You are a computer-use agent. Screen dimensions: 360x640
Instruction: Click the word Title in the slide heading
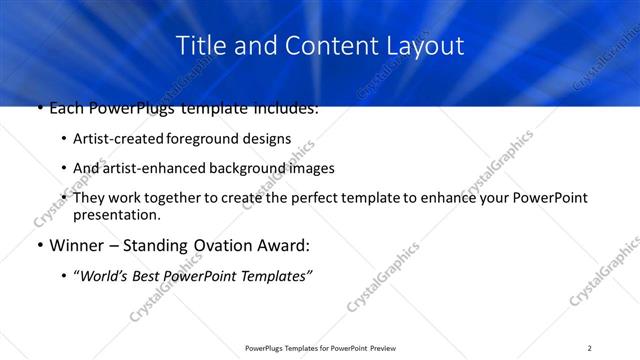[198, 46]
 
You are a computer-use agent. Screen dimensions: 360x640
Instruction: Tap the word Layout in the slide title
[423, 46]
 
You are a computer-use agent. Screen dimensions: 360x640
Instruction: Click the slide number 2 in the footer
[590, 348]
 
